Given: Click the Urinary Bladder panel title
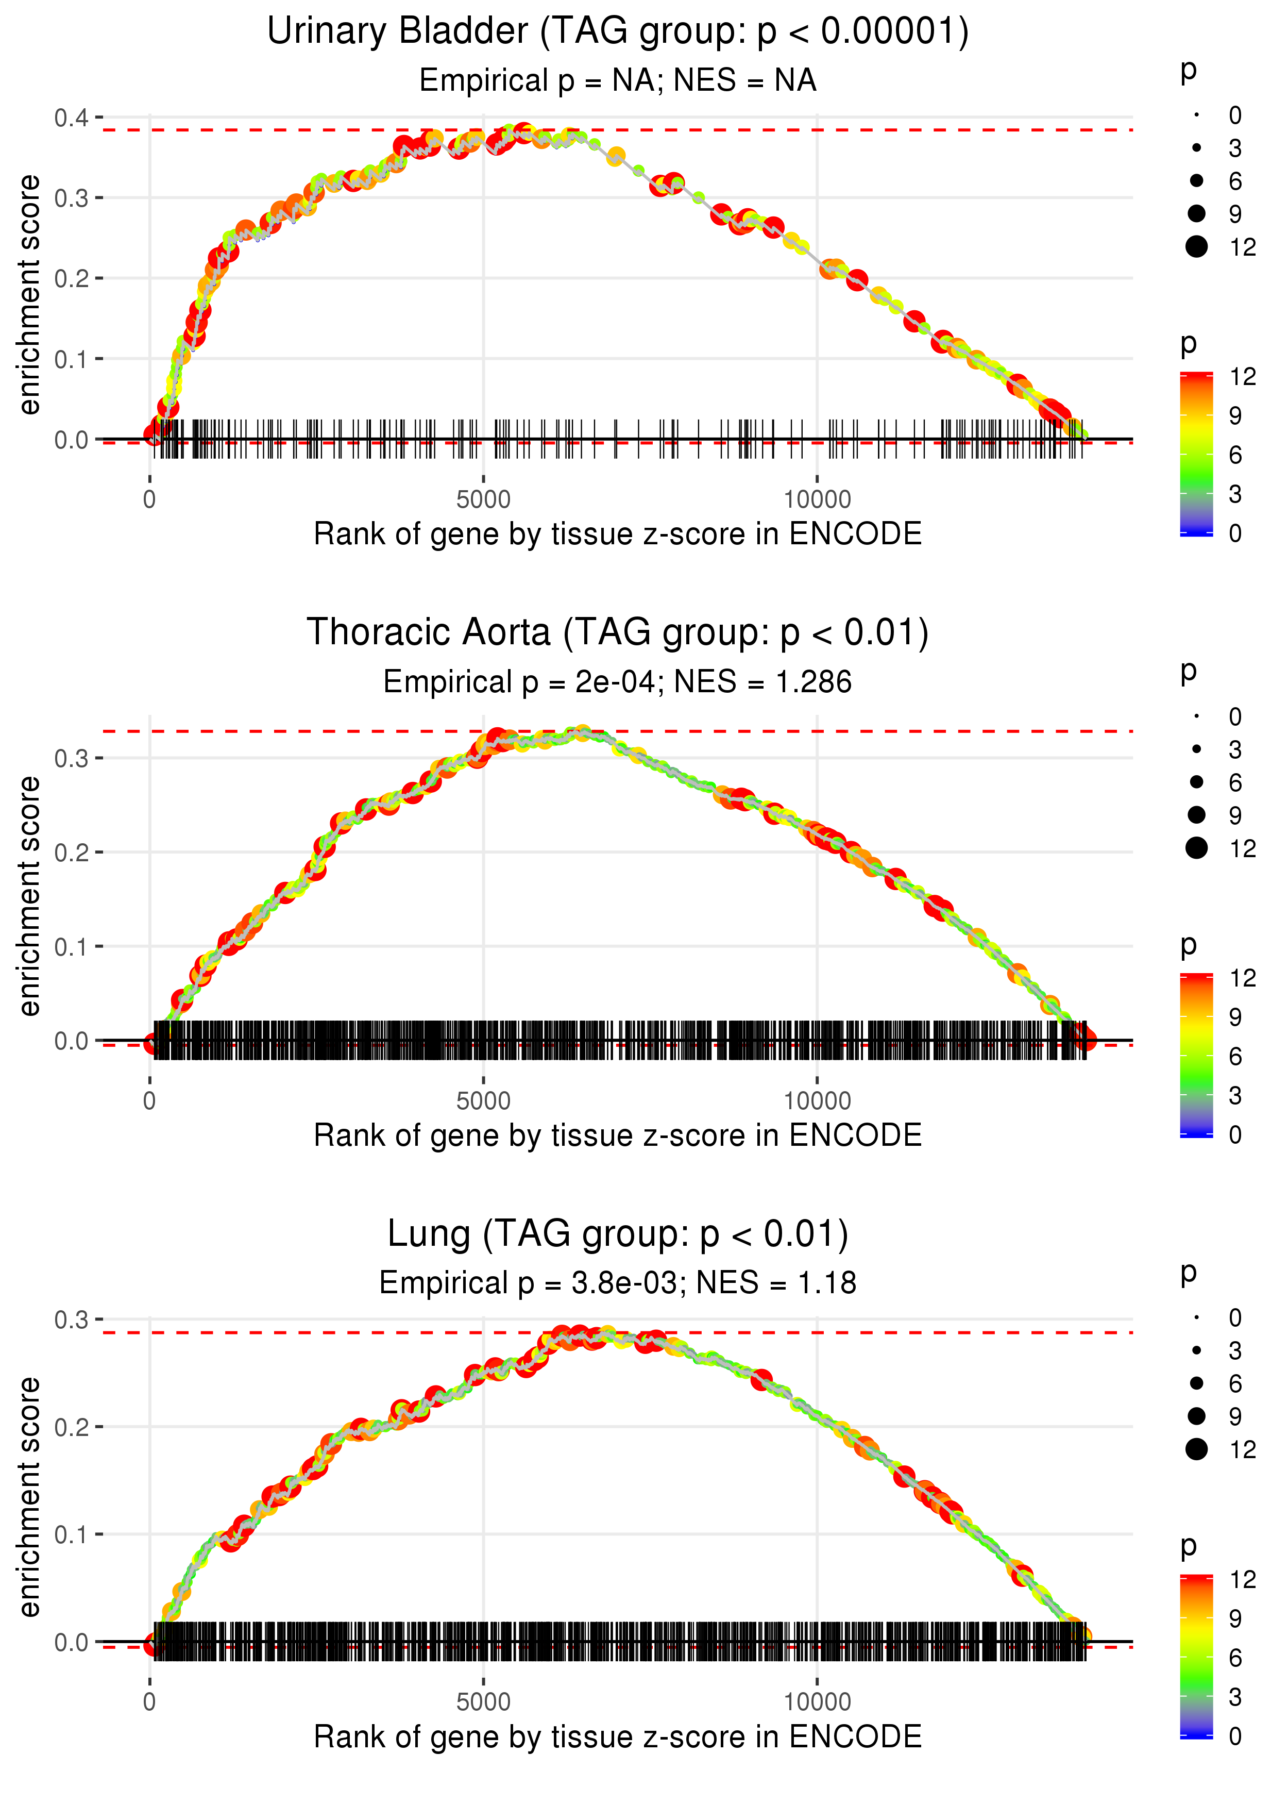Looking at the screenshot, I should [x=617, y=32].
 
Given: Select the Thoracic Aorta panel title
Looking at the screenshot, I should [x=617, y=633].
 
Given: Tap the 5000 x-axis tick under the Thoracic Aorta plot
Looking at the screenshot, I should [x=483, y=1101].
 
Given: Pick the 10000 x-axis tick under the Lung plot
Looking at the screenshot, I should [x=817, y=1702].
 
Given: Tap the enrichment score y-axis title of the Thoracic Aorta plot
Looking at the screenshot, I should [x=29, y=896].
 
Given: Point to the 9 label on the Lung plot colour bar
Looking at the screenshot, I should [x=1235, y=1618].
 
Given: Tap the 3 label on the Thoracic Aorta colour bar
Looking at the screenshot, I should [x=1235, y=1096].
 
